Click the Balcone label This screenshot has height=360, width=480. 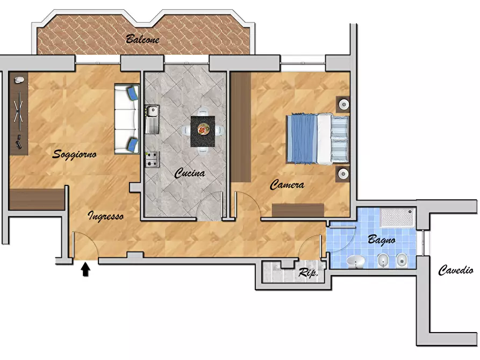[x=142, y=39]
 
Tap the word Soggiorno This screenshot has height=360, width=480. [x=74, y=154]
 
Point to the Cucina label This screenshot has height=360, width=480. [x=190, y=173]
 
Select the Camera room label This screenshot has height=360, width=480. [x=287, y=185]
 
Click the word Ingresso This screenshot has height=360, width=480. [x=106, y=216]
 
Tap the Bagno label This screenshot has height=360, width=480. [x=382, y=240]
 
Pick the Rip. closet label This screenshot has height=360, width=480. [x=308, y=272]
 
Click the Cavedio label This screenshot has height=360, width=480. [x=456, y=270]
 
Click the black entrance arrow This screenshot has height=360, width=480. [x=85, y=269]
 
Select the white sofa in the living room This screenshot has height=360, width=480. [x=126, y=119]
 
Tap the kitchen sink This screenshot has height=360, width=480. [x=152, y=119]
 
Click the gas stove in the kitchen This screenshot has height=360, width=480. [x=152, y=160]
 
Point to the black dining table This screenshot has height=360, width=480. [x=203, y=131]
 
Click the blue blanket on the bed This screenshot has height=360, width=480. [x=302, y=138]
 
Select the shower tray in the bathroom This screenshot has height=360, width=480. [x=398, y=218]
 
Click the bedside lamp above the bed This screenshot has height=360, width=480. [x=344, y=104]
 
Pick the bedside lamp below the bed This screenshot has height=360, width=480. [x=343, y=174]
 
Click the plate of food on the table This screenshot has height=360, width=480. [x=203, y=129]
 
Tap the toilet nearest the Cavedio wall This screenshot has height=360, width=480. [x=402, y=261]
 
